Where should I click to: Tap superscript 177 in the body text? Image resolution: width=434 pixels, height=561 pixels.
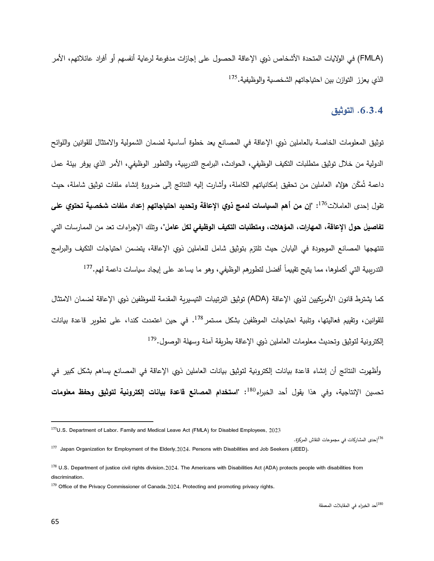click(x=88, y=267)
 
